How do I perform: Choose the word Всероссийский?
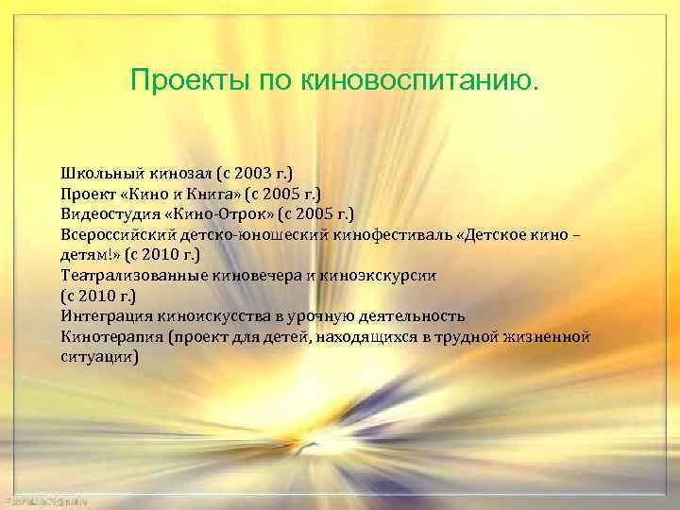coord(115,235)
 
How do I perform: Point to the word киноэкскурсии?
coord(351,276)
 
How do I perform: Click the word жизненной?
coord(550,337)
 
